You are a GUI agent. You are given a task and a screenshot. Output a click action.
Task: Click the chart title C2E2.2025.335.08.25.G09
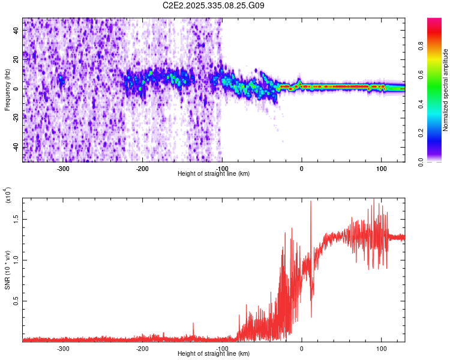tap(214, 5)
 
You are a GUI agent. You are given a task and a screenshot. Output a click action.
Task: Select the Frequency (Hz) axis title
tap(7, 90)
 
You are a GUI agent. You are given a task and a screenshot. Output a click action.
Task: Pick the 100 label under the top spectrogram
tap(381, 168)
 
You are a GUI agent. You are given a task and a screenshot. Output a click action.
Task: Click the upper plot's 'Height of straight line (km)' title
tap(214, 173)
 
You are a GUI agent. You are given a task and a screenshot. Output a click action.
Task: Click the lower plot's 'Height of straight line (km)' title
tap(214, 353)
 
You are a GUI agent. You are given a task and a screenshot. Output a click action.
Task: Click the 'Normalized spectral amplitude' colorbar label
tap(445, 90)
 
